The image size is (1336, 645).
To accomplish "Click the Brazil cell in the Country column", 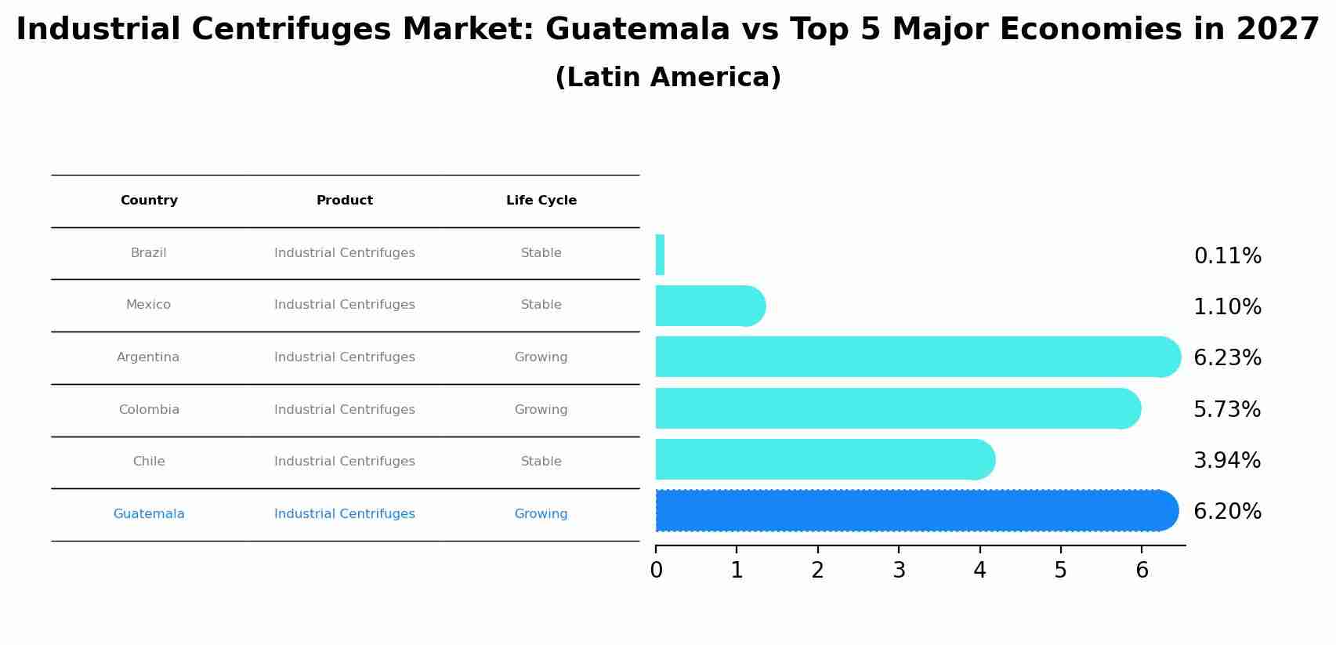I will (x=149, y=253).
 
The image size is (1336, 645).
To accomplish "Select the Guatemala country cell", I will (x=149, y=514).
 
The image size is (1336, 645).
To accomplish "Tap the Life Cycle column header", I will (x=541, y=201).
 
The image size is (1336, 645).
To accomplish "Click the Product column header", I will (x=345, y=201).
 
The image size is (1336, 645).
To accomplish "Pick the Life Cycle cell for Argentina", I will (x=541, y=357).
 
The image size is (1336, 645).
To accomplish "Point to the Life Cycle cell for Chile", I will (x=541, y=462).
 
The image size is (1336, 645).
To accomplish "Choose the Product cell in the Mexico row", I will (x=345, y=305).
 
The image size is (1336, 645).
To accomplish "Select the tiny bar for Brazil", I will (x=660, y=255).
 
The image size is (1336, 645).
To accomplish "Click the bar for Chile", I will (x=823, y=459).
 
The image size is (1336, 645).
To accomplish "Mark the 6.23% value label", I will (x=1227, y=358).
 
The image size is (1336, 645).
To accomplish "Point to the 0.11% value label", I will (x=1227, y=256).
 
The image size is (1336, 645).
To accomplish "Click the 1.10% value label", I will (x=1227, y=307).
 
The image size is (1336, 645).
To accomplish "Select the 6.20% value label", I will (x=1227, y=512).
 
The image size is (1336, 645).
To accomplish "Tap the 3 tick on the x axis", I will (x=899, y=571).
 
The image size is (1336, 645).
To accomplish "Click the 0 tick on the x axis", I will (x=657, y=571).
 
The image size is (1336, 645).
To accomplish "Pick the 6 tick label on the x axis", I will (x=1142, y=571).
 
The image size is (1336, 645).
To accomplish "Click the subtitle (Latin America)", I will (x=668, y=78).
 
